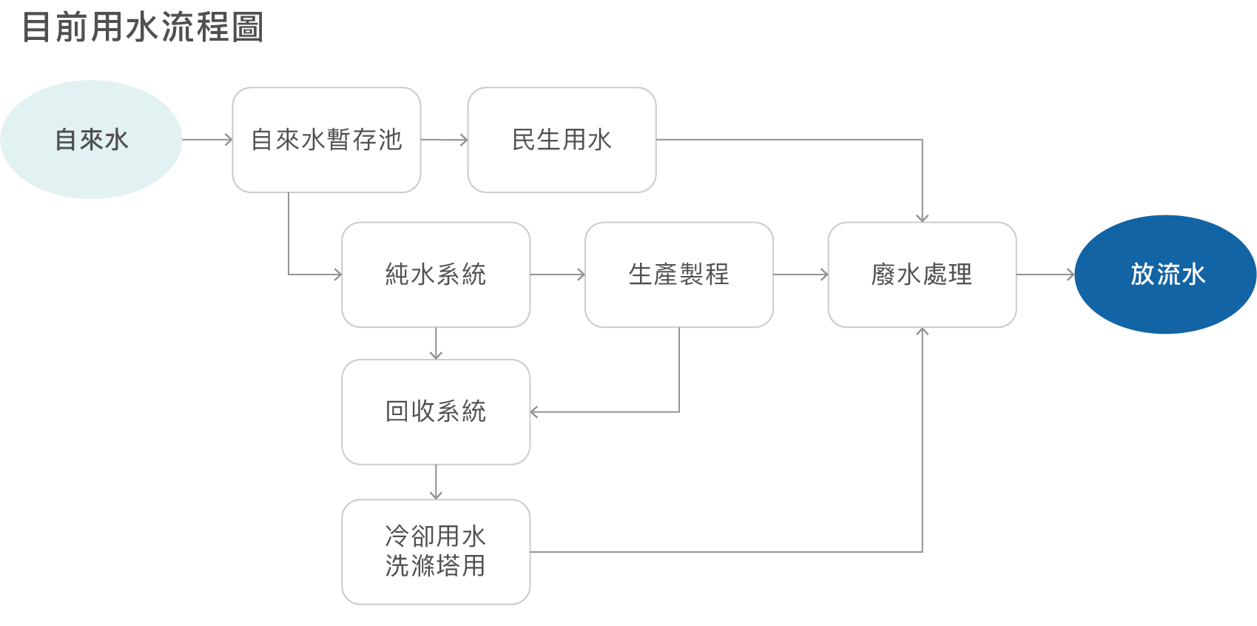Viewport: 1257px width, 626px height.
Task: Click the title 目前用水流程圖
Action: pyautogui.click(x=143, y=27)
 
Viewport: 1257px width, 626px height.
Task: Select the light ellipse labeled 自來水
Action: pyautogui.click(x=92, y=139)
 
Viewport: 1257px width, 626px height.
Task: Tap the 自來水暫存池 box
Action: pyautogui.click(x=326, y=140)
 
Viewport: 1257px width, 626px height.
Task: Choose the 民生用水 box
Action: pyautogui.click(x=562, y=140)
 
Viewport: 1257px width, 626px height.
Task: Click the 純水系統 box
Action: pyautogui.click(x=436, y=275)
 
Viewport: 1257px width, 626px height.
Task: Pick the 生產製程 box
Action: pyautogui.click(x=679, y=275)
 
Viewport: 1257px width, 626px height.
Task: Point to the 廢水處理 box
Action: pyautogui.click(x=922, y=275)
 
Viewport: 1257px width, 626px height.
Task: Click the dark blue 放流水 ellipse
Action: pyautogui.click(x=1165, y=274)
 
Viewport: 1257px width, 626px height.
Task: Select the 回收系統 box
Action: pyautogui.click(x=436, y=412)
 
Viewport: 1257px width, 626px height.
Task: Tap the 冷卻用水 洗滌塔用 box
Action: pyautogui.click(x=436, y=552)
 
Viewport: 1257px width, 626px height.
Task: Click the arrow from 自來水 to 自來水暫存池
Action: pyautogui.click(x=208, y=139)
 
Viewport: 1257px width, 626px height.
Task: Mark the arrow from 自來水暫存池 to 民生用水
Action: pyautogui.click(x=445, y=139)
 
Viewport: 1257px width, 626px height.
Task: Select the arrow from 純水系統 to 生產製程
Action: pyautogui.click(x=558, y=275)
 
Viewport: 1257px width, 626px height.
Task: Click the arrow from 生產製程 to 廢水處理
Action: pyautogui.click(x=801, y=275)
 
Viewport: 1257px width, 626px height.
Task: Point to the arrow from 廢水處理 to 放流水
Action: pyautogui.click(x=1045, y=275)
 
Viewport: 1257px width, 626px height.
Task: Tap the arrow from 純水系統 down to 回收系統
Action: pyautogui.click(x=436, y=343)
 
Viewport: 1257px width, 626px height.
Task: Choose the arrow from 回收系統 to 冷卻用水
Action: pyautogui.click(x=436, y=482)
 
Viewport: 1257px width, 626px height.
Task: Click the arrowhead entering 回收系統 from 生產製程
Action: pyautogui.click(x=533, y=412)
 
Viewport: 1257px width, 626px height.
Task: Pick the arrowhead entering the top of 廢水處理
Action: pyautogui.click(x=922, y=218)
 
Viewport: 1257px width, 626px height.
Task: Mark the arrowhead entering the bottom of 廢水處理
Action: pyautogui.click(x=922, y=331)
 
